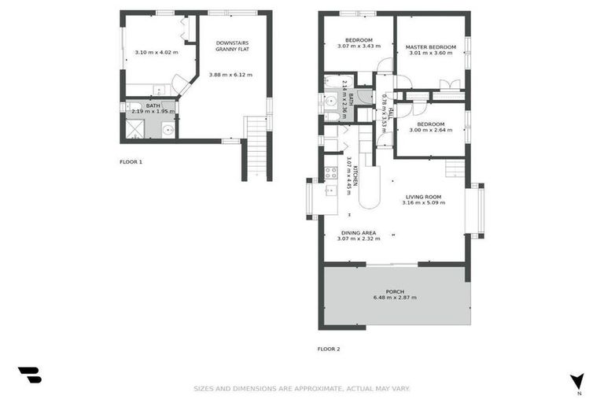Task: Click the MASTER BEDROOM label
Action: click(x=430, y=47)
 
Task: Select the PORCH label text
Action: click(x=395, y=291)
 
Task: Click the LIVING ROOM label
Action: click(x=423, y=197)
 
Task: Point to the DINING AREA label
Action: click(x=358, y=233)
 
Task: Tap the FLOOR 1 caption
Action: click(x=131, y=161)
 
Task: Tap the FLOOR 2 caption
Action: click(x=329, y=349)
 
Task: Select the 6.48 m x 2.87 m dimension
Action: click(x=395, y=298)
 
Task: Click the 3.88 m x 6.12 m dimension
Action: click(x=230, y=75)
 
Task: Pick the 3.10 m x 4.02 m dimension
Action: click(x=156, y=53)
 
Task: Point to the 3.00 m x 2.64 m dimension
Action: click(x=430, y=131)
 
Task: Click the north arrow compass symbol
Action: click(x=577, y=382)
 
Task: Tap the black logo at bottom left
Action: click(x=30, y=375)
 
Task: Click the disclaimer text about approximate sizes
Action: click(x=302, y=388)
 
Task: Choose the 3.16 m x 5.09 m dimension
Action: click(x=423, y=203)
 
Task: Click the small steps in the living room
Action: click(x=455, y=168)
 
